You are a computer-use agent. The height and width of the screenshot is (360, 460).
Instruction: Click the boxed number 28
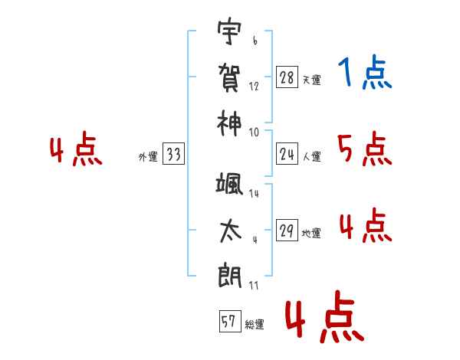click(287, 77)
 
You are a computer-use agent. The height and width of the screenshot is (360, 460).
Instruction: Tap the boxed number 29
click(287, 231)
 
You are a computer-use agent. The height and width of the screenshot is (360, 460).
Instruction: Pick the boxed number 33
click(172, 155)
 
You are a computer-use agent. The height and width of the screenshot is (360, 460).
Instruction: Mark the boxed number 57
click(228, 322)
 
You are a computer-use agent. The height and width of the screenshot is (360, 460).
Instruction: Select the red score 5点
click(364, 149)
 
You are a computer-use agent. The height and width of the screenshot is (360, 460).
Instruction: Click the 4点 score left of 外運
click(75, 151)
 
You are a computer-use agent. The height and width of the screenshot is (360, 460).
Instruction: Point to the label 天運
click(311, 80)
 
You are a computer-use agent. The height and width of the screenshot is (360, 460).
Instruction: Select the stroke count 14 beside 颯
click(254, 195)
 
